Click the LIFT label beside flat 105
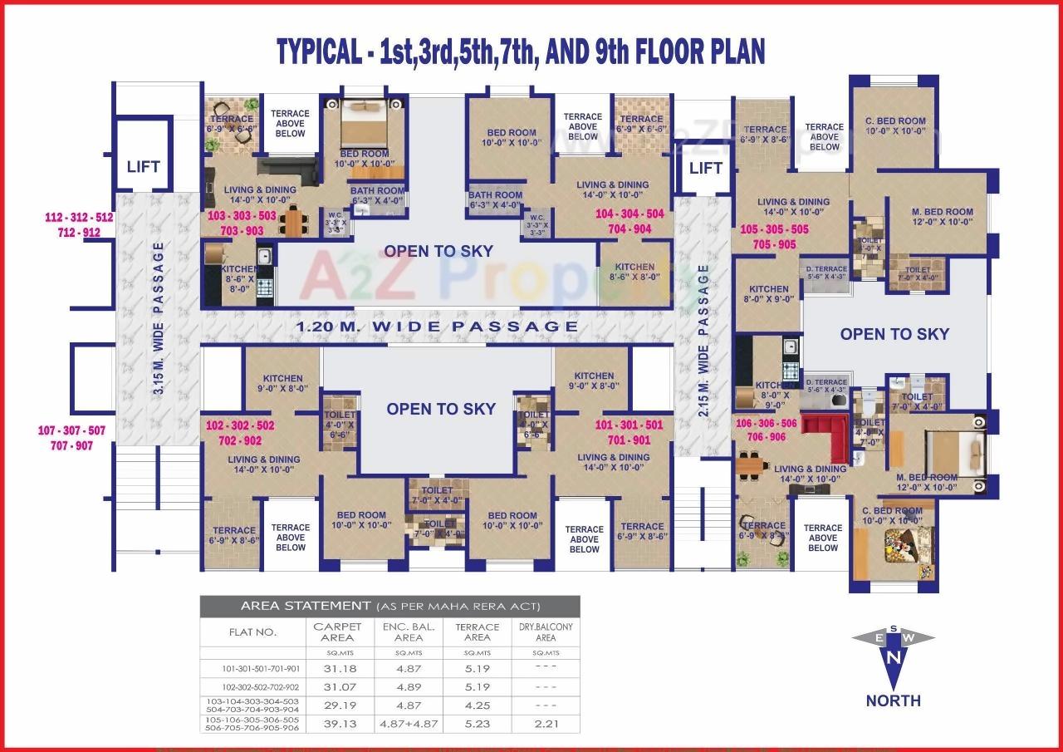tap(706, 168)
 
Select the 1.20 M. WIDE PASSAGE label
tap(438, 327)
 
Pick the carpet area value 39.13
tap(336, 724)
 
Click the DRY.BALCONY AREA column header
tap(546, 632)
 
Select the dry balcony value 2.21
tap(546, 724)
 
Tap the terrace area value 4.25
tap(477, 705)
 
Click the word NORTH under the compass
tap(894, 700)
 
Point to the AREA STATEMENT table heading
tap(389, 606)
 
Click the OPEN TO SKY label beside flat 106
tap(894, 334)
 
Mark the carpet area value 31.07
tap(336, 687)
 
